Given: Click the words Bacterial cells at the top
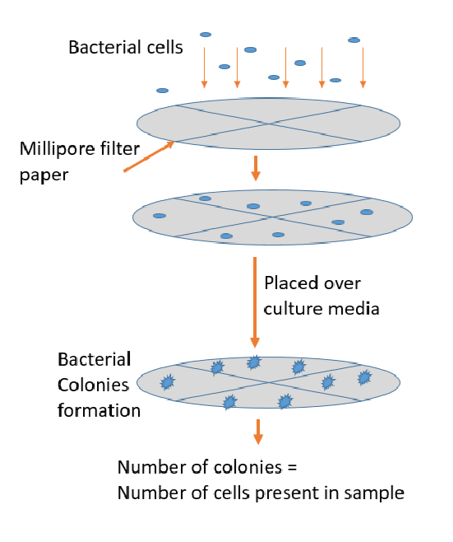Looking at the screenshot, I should [125, 47].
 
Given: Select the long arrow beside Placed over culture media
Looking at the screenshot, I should [255, 301].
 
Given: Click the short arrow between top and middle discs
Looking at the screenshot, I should [255, 167].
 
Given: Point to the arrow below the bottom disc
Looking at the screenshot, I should [258, 431].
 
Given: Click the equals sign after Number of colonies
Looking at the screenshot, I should [289, 468].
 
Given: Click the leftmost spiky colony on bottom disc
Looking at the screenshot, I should [168, 381].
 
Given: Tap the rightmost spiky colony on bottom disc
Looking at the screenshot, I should [364, 377].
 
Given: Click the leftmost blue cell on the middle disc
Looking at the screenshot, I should [159, 216].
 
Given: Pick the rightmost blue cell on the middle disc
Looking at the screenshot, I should [367, 213].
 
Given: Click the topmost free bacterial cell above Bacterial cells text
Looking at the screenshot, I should [206, 35].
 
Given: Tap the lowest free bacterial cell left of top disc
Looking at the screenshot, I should [163, 90].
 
